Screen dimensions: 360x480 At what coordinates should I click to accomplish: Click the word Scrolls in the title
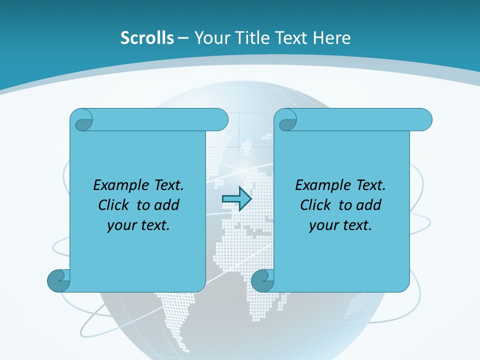[147, 38]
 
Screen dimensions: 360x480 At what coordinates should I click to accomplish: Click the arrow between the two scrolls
[236, 199]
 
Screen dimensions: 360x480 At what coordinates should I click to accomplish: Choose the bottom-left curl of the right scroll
[262, 280]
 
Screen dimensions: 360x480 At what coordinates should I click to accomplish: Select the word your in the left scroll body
[121, 225]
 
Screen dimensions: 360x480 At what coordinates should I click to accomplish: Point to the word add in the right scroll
[369, 205]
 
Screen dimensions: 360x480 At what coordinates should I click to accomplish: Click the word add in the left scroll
[167, 205]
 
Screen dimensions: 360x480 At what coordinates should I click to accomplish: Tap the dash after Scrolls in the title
[183, 38]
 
